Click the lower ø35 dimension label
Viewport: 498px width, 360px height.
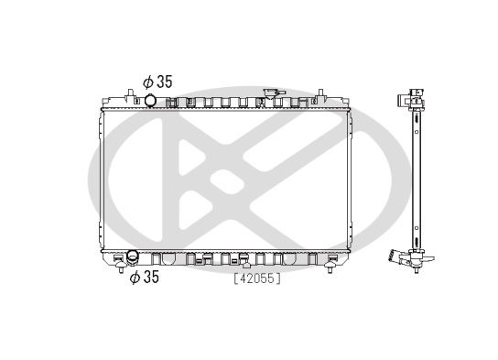[x=144, y=277]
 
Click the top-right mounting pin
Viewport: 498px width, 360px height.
[x=320, y=93]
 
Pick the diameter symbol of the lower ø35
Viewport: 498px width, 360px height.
[x=133, y=277]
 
